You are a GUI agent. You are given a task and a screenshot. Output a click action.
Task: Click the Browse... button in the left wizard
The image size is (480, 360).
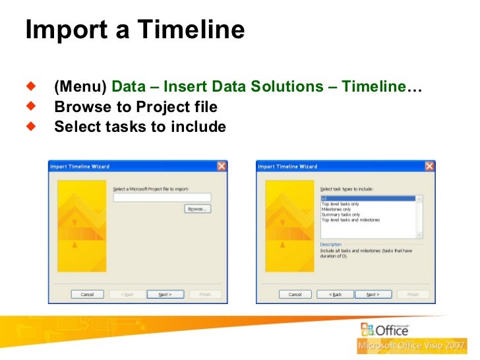[x=196, y=208]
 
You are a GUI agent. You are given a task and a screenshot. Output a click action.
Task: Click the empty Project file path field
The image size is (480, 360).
[x=162, y=197]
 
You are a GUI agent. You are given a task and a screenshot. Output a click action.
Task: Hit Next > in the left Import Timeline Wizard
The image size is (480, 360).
[x=165, y=294]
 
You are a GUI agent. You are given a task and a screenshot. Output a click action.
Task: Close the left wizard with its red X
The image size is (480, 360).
[x=222, y=166]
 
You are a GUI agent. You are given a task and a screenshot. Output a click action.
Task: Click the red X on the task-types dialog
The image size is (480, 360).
[x=429, y=166]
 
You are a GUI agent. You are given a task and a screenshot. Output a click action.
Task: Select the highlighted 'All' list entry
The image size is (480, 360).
[x=367, y=198]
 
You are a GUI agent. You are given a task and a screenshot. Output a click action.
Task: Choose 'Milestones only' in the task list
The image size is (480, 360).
[x=336, y=209]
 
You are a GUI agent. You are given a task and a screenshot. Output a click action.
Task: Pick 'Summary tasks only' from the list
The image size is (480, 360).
[x=340, y=214]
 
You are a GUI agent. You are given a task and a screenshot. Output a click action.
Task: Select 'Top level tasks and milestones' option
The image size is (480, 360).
[x=350, y=220]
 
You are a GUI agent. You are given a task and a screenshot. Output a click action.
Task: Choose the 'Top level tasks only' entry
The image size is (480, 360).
[x=340, y=204]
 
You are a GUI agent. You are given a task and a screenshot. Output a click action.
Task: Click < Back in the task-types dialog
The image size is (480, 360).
[x=335, y=294]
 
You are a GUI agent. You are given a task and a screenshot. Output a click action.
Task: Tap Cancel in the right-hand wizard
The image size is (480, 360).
[x=295, y=294]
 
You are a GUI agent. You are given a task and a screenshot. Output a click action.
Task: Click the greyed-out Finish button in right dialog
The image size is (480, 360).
[x=413, y=294]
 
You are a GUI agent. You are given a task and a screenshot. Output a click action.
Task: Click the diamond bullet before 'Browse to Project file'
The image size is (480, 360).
[x=31, y=105]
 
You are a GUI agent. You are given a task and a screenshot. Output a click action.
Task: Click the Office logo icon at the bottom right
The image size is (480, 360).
[x=368, y=330]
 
